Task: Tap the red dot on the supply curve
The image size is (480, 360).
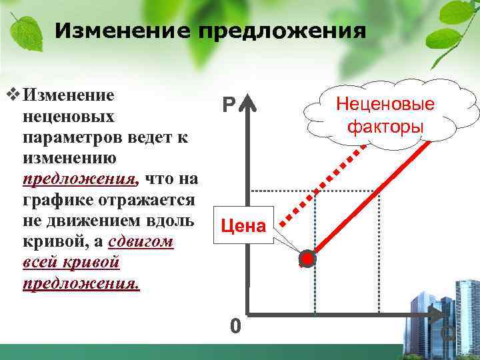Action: (307, 259)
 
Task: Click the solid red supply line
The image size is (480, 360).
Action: (373, 193)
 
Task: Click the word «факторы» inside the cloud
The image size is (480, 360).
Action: (385, 126)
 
